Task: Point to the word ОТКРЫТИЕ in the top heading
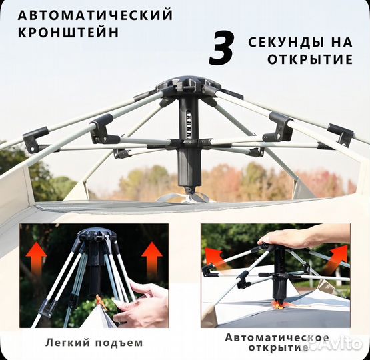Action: pyautogui.click(x=311, y=59)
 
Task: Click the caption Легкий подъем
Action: pyautogui.click(x=93, y=343)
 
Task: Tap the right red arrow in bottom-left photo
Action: pyautogui.click(x=152, y=257)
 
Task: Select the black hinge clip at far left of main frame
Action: pyautogui.click(x=34, y=139)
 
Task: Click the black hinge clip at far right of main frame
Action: pyautogui.click(x=341, y=135)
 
